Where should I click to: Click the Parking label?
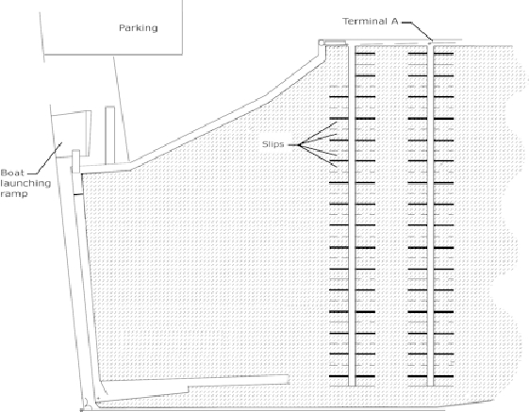coord(139,27)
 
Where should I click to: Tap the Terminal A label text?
coord(371,22)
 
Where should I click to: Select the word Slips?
coord(273,144)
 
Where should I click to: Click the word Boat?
coord(12,173)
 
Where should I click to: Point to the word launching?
coord(25,184)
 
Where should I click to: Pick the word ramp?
coord(14,194)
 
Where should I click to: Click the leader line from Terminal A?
coord(417,31)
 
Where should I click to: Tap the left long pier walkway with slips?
coord(352,216)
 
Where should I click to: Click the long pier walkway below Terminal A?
coord(430,215)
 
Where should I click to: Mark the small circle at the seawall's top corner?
coord(322,42)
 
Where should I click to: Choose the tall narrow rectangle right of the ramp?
coord(110,136)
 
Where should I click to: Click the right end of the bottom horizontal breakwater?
coord(289,379)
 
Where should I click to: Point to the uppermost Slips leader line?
coord(318,134)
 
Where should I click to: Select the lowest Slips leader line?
coord(318,156)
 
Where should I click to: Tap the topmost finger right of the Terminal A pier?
coord(443,54)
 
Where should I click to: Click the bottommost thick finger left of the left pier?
coord(339,376)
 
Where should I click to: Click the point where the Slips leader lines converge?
coord(299,145)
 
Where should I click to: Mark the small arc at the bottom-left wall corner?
coord(87,403)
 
